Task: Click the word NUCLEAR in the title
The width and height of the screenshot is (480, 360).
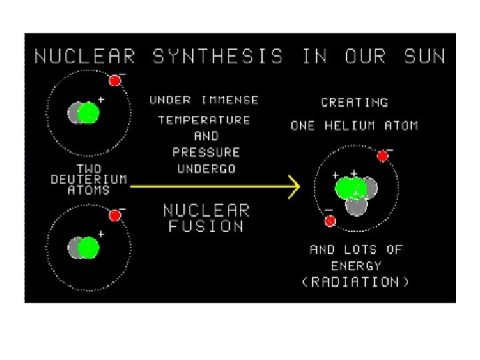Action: pyautogui.click(x=85, y=56)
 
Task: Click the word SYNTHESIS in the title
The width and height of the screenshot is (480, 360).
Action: pyautogui.click(x=219, y=56)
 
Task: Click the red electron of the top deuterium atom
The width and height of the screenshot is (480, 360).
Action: pyautogui.click(x=115, y=81)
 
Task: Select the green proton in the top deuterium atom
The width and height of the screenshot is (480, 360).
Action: pyautogui.click(x=87, y=113)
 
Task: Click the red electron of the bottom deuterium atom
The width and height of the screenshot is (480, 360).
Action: pyautogui.click(x=115, y=215)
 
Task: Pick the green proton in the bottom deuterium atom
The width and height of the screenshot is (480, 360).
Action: pyautogui.click(x=87, y=249)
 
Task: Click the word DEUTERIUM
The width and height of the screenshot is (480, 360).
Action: pyautogui.click(x=89, y=179)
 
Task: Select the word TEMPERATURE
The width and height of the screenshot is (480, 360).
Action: pyautogui.click(x=204, y=120)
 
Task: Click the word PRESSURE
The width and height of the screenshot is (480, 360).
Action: pyautogui.click(x=207, y=152)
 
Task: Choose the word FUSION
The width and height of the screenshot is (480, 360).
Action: pyautogui.click(x=206, y=227)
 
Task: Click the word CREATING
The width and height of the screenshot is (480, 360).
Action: pyautogui.click(x=355, y=103)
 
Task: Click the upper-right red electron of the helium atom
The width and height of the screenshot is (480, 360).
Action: pyautogui.click(x=383, y=156)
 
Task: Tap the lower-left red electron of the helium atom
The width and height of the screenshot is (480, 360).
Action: pyautogui.click(x=330, y=221)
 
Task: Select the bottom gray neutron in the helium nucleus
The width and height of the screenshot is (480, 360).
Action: pyautogui.click(x=357, y=207)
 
